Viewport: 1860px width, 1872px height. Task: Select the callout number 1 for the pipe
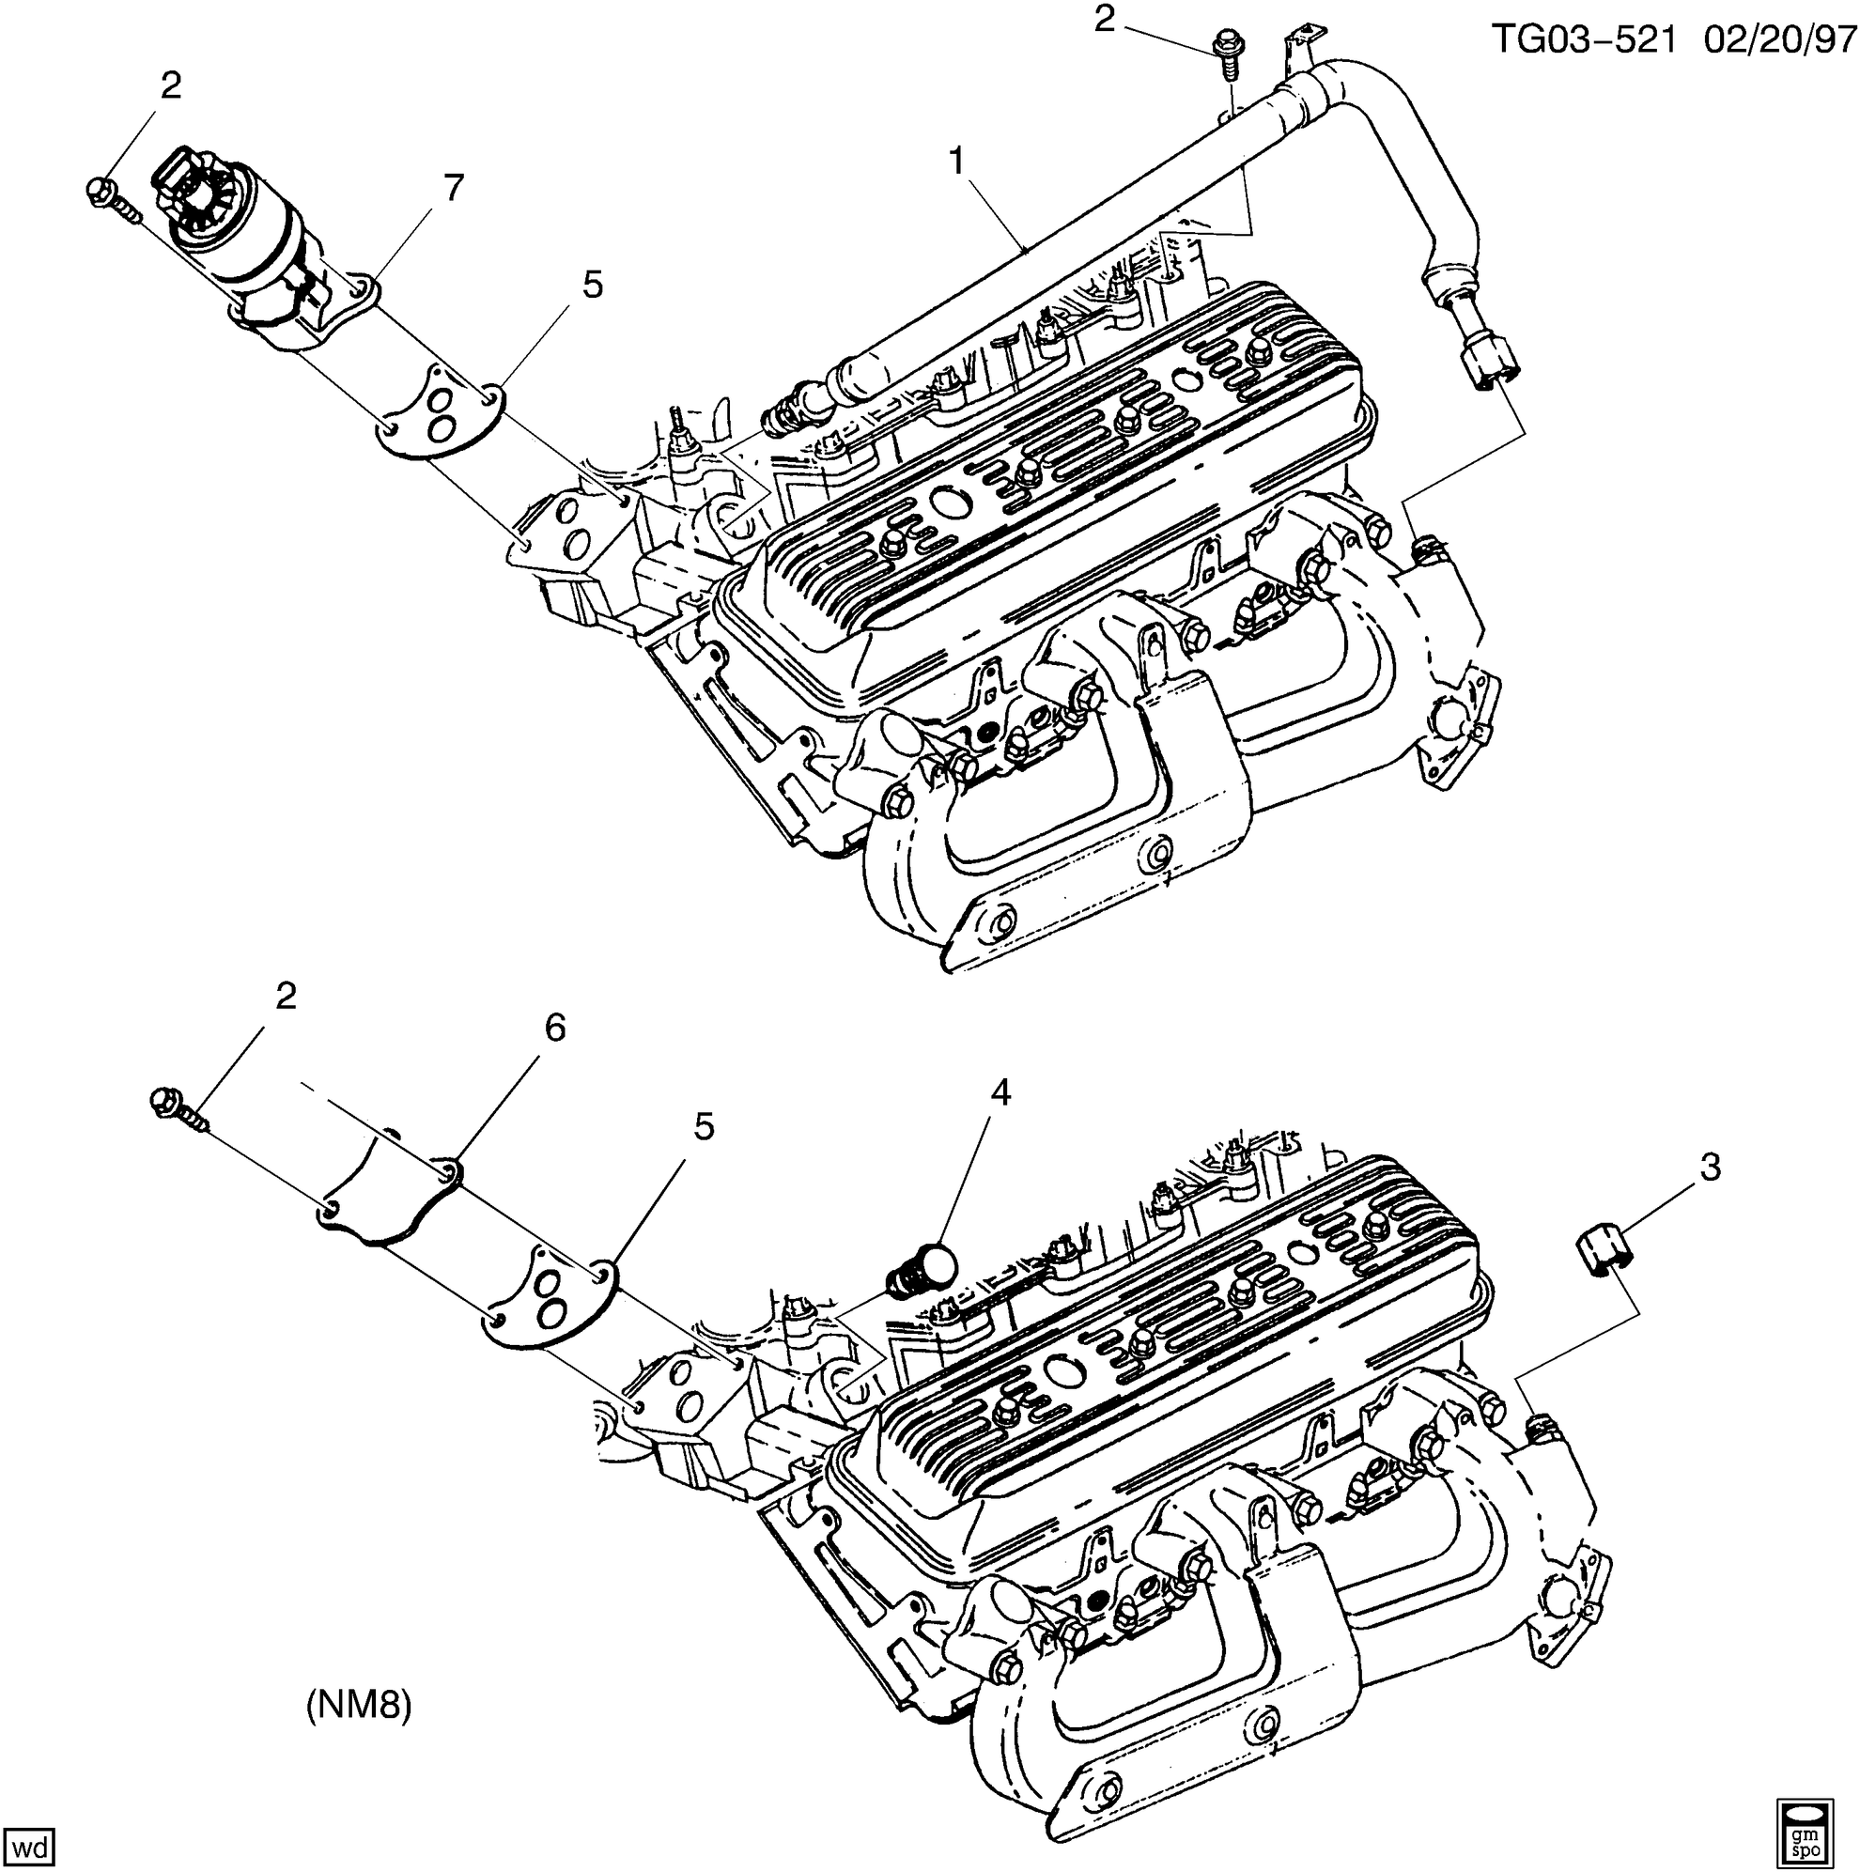coord(955,162)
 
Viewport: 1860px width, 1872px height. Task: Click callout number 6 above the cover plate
coord(553,1028)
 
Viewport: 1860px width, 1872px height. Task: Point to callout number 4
coord(1000,1093)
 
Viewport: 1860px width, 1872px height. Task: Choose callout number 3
coord(1711,1168)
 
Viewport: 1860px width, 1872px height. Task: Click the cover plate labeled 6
coord(388,1193)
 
